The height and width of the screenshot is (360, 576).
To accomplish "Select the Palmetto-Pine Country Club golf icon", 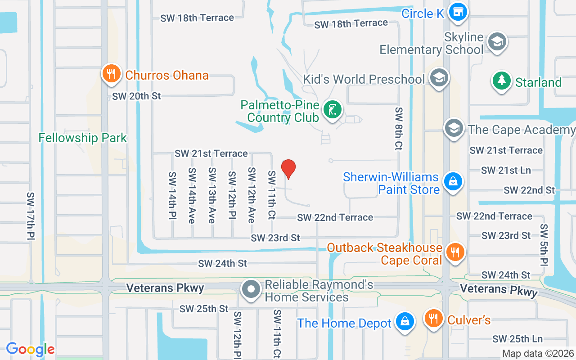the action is click(333, 110).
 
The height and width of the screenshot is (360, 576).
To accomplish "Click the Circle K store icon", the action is click(458, 12).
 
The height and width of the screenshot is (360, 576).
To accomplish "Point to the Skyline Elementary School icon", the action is click(497, 42).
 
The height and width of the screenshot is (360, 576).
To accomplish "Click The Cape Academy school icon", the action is click(454, 129).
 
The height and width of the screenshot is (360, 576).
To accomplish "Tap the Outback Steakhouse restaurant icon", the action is click(456, 252).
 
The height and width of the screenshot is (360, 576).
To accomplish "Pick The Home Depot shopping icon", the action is click(405, 321).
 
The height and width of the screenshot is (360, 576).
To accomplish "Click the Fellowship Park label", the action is click(83, 138).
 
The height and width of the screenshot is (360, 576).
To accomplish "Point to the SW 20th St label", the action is click(136, 96).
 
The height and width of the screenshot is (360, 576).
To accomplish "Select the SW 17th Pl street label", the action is click(31, 216).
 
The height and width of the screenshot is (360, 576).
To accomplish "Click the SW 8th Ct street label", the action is click(399, 128).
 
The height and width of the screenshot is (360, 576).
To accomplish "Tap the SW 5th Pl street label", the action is click(544, 244).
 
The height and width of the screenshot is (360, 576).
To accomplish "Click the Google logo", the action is click(30, 349).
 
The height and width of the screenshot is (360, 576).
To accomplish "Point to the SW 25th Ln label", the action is click(517, 339).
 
